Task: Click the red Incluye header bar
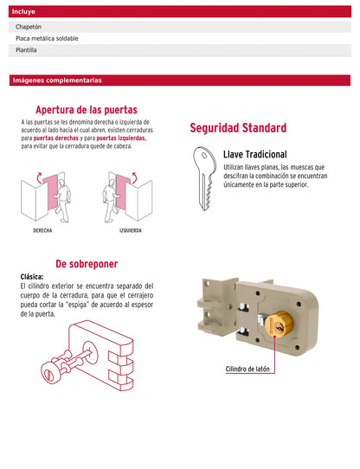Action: pyautogui.click(x=180, y=13)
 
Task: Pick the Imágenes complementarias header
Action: pyautogui.click(x=57, y=80)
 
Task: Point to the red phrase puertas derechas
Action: pyautogui.click(x=56, y=138)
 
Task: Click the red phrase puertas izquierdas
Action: pyautogui.click(x=121, y=138)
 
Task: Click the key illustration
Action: pyautogui.click(x=203, y=177)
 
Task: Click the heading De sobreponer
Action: pyautogui.click(x=87, y=264)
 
